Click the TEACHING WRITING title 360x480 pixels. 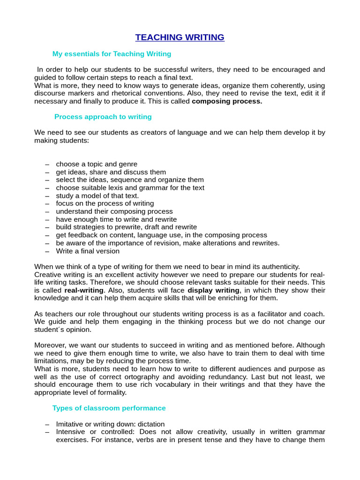point(180,37)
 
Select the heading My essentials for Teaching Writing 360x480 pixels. point(112,54)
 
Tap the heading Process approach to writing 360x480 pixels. point(103,117)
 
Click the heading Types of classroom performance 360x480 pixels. point(109,408)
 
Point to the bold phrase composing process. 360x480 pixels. point(227,101)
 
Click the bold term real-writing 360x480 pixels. point(84,290)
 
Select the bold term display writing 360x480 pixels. point(213,290)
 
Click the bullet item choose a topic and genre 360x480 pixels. point(97,164)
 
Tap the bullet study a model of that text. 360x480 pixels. point(97,195)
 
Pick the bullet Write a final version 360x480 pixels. point(88,251)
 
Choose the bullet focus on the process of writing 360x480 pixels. point(105,203)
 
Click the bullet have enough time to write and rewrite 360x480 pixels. point(116,219)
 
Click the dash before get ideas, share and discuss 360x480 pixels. point(47,172)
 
